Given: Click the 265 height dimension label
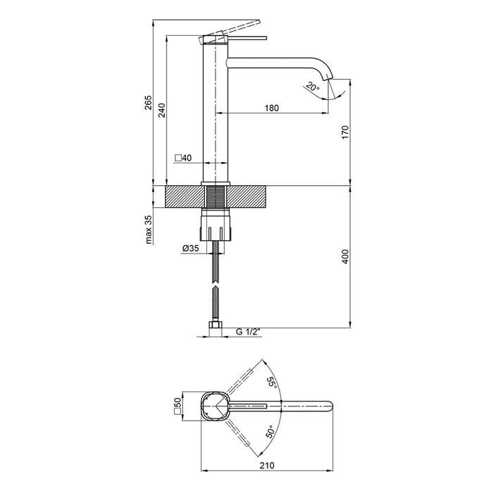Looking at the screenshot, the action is [148, 102].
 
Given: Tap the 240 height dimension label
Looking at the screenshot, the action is [161, 110].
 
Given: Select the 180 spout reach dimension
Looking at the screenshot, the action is [272, 108].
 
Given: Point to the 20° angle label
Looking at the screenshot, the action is [312, 87].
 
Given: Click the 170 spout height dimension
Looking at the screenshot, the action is [345, 132].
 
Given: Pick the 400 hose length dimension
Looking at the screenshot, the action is [345, 256].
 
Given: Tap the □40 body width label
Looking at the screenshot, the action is [183, 158].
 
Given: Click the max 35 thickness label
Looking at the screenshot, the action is [149, 230].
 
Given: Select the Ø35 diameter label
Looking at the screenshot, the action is [190, 248].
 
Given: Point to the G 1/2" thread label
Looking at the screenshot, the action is [249, 332].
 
